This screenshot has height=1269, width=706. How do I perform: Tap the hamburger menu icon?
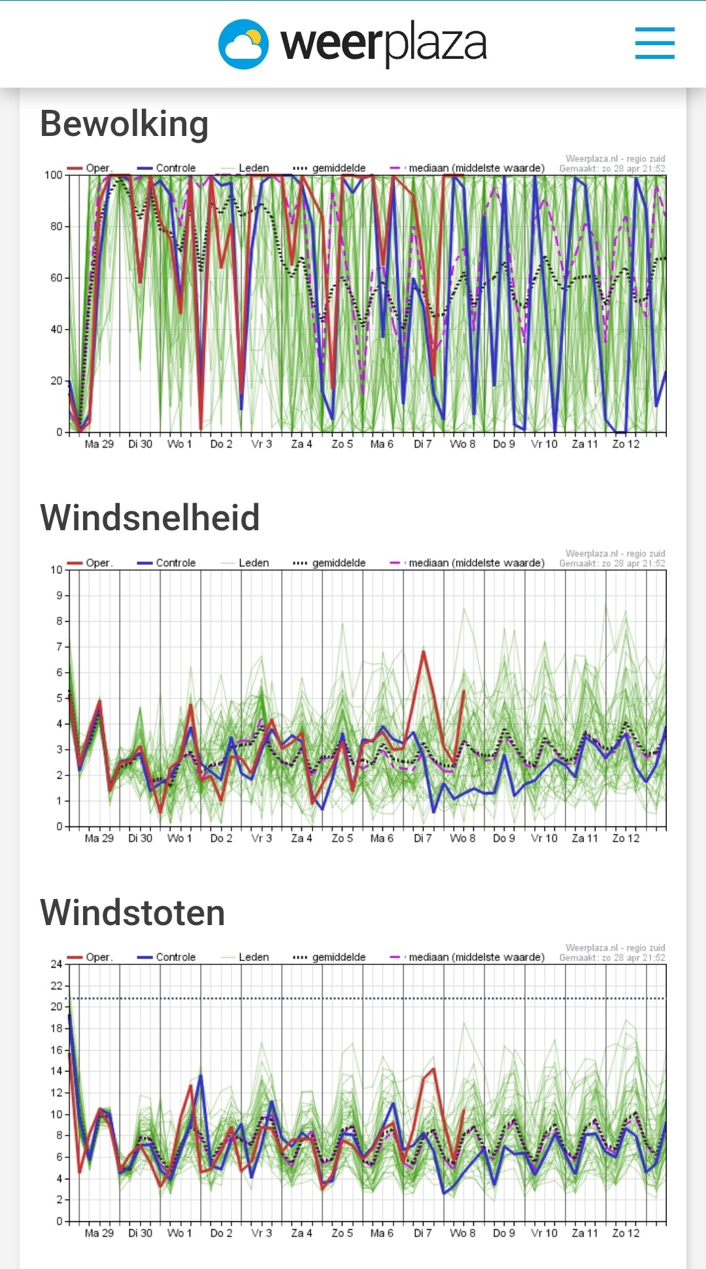[654, 43]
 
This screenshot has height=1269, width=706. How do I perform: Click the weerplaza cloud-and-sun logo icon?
[243, 44]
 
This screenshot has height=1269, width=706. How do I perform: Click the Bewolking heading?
[124, 124]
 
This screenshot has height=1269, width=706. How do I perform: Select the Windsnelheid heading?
[150, 518]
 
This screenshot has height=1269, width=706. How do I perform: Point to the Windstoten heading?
[133, 912]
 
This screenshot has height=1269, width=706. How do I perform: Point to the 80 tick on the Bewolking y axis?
[57, 226]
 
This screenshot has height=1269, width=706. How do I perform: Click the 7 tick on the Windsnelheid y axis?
[59, 647]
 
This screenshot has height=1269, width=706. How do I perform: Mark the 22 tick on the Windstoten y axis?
[57, 985]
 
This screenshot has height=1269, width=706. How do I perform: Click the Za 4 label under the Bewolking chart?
[301, 444]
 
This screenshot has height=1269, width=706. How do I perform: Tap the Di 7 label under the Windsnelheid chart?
[422, 838]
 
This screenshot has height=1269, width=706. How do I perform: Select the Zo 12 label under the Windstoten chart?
[626, 1232]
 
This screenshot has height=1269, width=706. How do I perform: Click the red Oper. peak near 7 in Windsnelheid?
[424, 652]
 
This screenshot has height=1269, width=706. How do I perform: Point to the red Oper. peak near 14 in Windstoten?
[433, 1069]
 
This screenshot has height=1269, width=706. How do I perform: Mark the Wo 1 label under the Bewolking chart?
[180, 444]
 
